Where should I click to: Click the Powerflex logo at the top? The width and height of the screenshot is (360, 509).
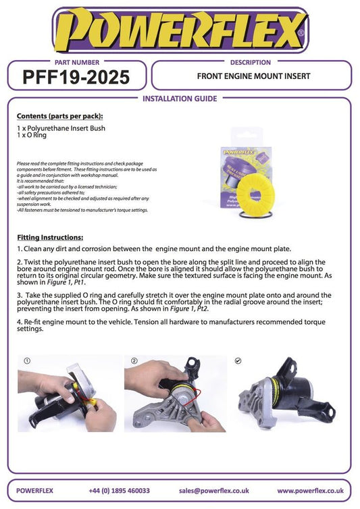(x=179, y=30)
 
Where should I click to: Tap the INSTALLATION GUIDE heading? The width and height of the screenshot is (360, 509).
(x=180, y=99)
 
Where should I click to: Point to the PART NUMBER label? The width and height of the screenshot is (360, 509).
(x=76, y=62)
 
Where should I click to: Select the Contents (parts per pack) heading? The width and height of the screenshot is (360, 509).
(x=55, y=116)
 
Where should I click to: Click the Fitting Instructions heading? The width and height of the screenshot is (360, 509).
(x=49, y=238)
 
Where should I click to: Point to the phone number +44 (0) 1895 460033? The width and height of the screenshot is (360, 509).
(x=119, y=491)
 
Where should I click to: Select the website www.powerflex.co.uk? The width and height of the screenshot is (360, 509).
(x=310, y=491)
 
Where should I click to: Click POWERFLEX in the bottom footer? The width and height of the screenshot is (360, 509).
(x=34, y=491)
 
